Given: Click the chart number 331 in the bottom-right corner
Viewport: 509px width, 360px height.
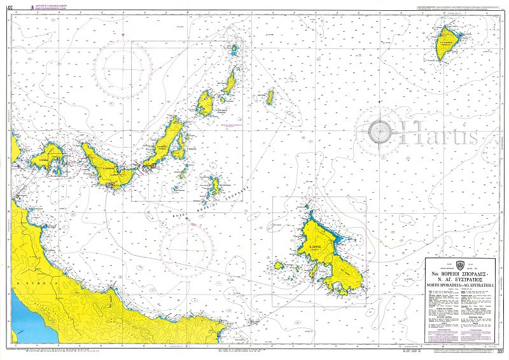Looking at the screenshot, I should click(501, 351).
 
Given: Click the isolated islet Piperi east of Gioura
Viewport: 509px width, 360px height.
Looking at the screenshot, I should click(270, 97).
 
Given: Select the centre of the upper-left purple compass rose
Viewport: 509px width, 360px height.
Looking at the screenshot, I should click(123, 62).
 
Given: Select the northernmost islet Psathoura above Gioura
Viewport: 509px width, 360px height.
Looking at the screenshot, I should click(237, 48).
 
